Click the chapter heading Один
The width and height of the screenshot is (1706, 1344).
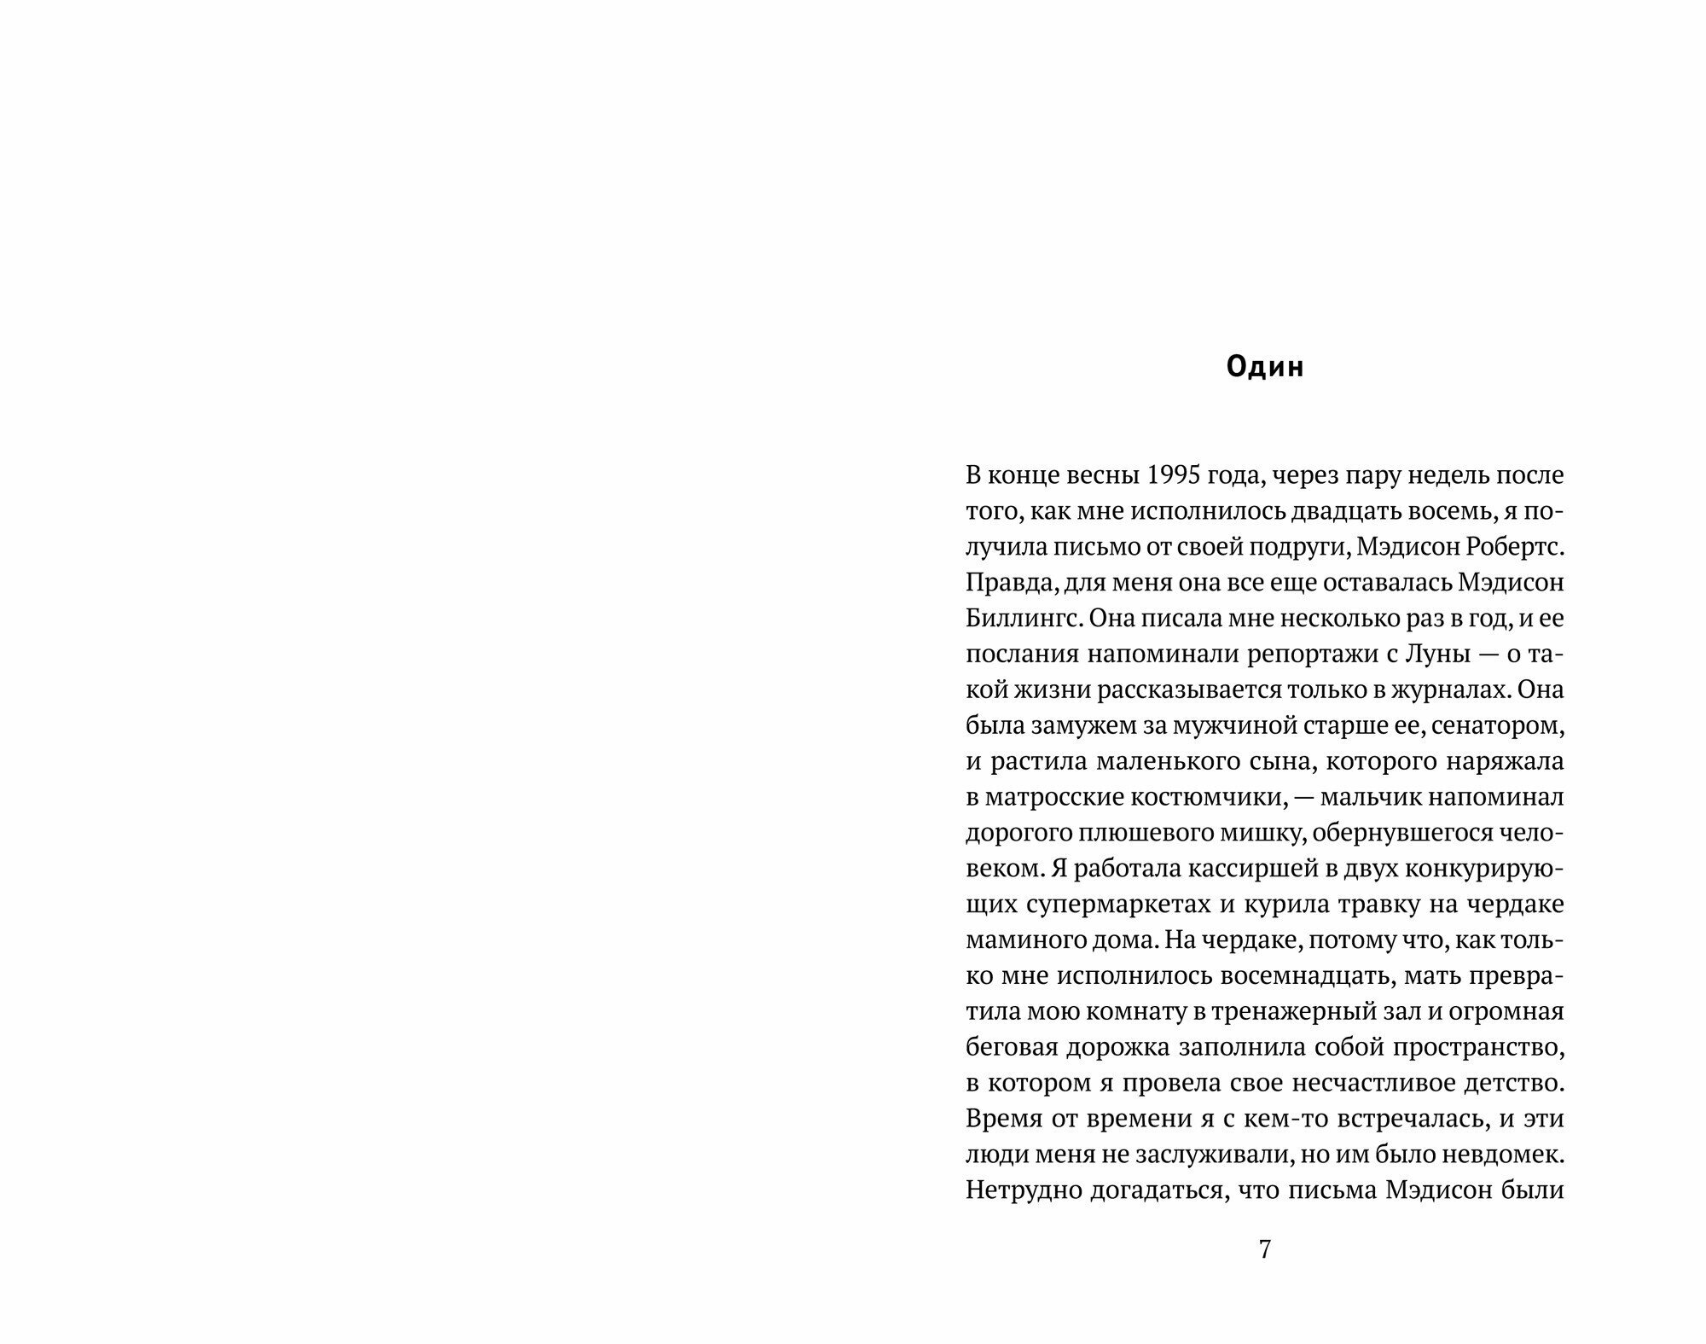1265,367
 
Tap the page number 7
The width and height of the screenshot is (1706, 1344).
1265,1249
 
